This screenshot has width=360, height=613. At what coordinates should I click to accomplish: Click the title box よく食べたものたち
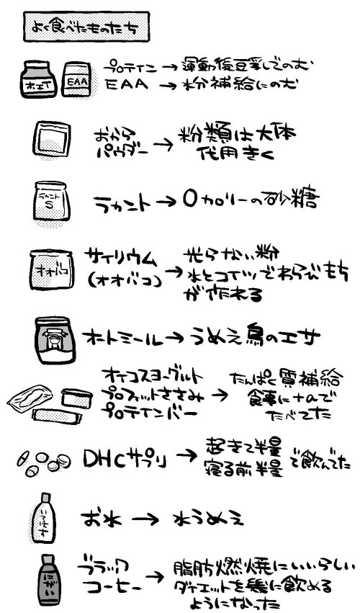78,27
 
